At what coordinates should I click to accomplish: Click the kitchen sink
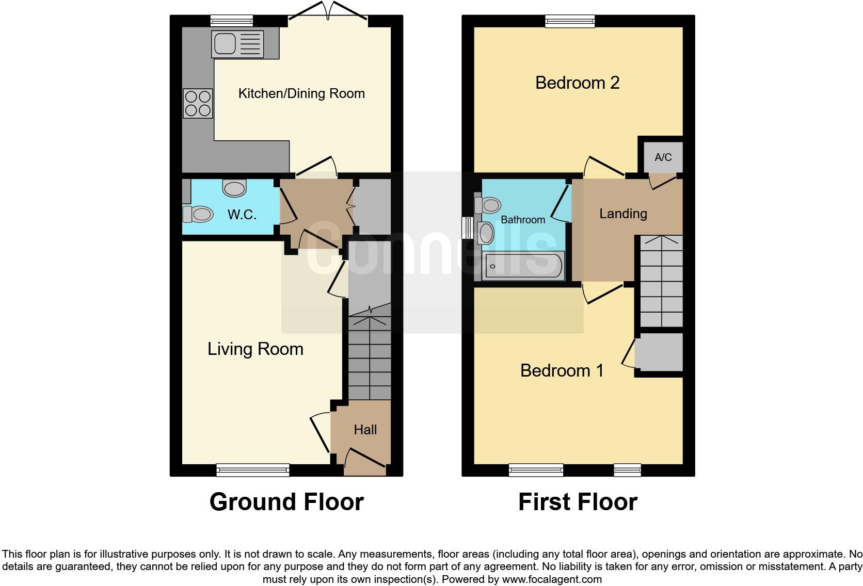tap(237, 44)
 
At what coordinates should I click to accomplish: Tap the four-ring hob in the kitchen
tap(198, 103)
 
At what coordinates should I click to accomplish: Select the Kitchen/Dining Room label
tap(301, 93)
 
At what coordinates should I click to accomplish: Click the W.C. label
tap(242, 214)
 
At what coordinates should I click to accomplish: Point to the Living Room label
tap(255, 349)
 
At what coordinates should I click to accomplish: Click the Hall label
tap(365, 430)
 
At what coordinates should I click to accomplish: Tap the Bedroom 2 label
tap(577, 83)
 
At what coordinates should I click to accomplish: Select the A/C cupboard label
tap(663, 157)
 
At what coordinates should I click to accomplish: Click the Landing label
tap(623, 214)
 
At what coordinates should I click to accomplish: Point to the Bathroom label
tap(522, 220)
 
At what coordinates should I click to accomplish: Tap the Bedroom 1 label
tap(562, 370)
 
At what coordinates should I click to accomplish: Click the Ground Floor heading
tap(286, 502)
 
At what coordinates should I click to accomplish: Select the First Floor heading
tap(578, 502)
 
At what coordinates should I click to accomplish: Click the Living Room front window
tap(253, 469)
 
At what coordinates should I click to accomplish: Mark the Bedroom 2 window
tap(570, 21)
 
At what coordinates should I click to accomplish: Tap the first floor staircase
tap(661, 281)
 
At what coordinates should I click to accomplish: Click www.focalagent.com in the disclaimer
tap(551, 579)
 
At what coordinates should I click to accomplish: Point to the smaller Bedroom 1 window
tap(627, 469)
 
